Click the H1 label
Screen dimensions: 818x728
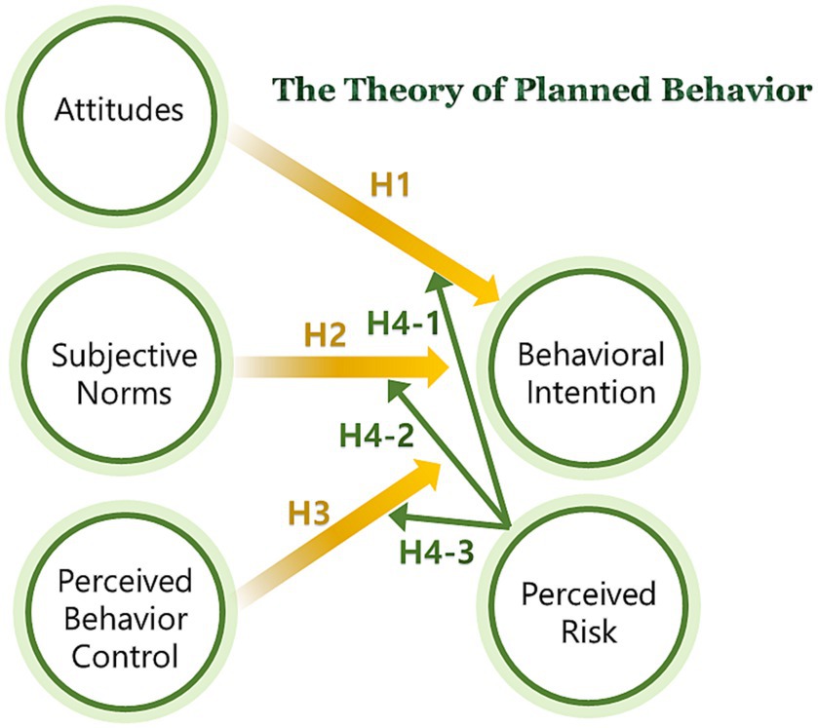[391, 184]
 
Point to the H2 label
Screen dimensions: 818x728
[325, 335]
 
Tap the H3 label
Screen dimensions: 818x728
[309, 514]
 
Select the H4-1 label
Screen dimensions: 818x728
[405, 324]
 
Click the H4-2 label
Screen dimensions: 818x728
[376, 435]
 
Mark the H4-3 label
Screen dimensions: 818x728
[437, 552]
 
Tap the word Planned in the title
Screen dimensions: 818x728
[583, 90]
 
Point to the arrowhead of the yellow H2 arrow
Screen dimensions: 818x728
[437, 367]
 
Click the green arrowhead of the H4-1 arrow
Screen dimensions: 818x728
[437, 280]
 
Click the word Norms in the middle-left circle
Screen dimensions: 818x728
[124, 393]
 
